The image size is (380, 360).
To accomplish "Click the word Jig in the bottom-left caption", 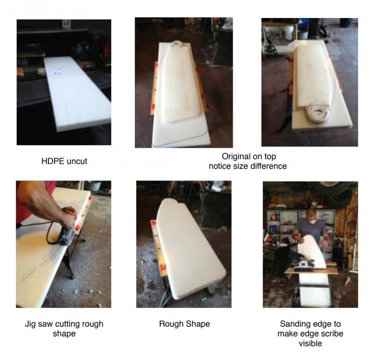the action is point(30,324).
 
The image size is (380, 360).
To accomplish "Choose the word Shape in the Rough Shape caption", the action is point(199,324).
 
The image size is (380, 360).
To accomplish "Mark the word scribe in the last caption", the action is point(332,333).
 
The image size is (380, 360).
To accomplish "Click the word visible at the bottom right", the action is point(310,343).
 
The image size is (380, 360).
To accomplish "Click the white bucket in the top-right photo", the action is point(289,33).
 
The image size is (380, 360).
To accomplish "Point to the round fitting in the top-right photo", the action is point(317,114).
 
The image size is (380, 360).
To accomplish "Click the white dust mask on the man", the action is point(313,221).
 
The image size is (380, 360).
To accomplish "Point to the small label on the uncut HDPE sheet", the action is point(57,71).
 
